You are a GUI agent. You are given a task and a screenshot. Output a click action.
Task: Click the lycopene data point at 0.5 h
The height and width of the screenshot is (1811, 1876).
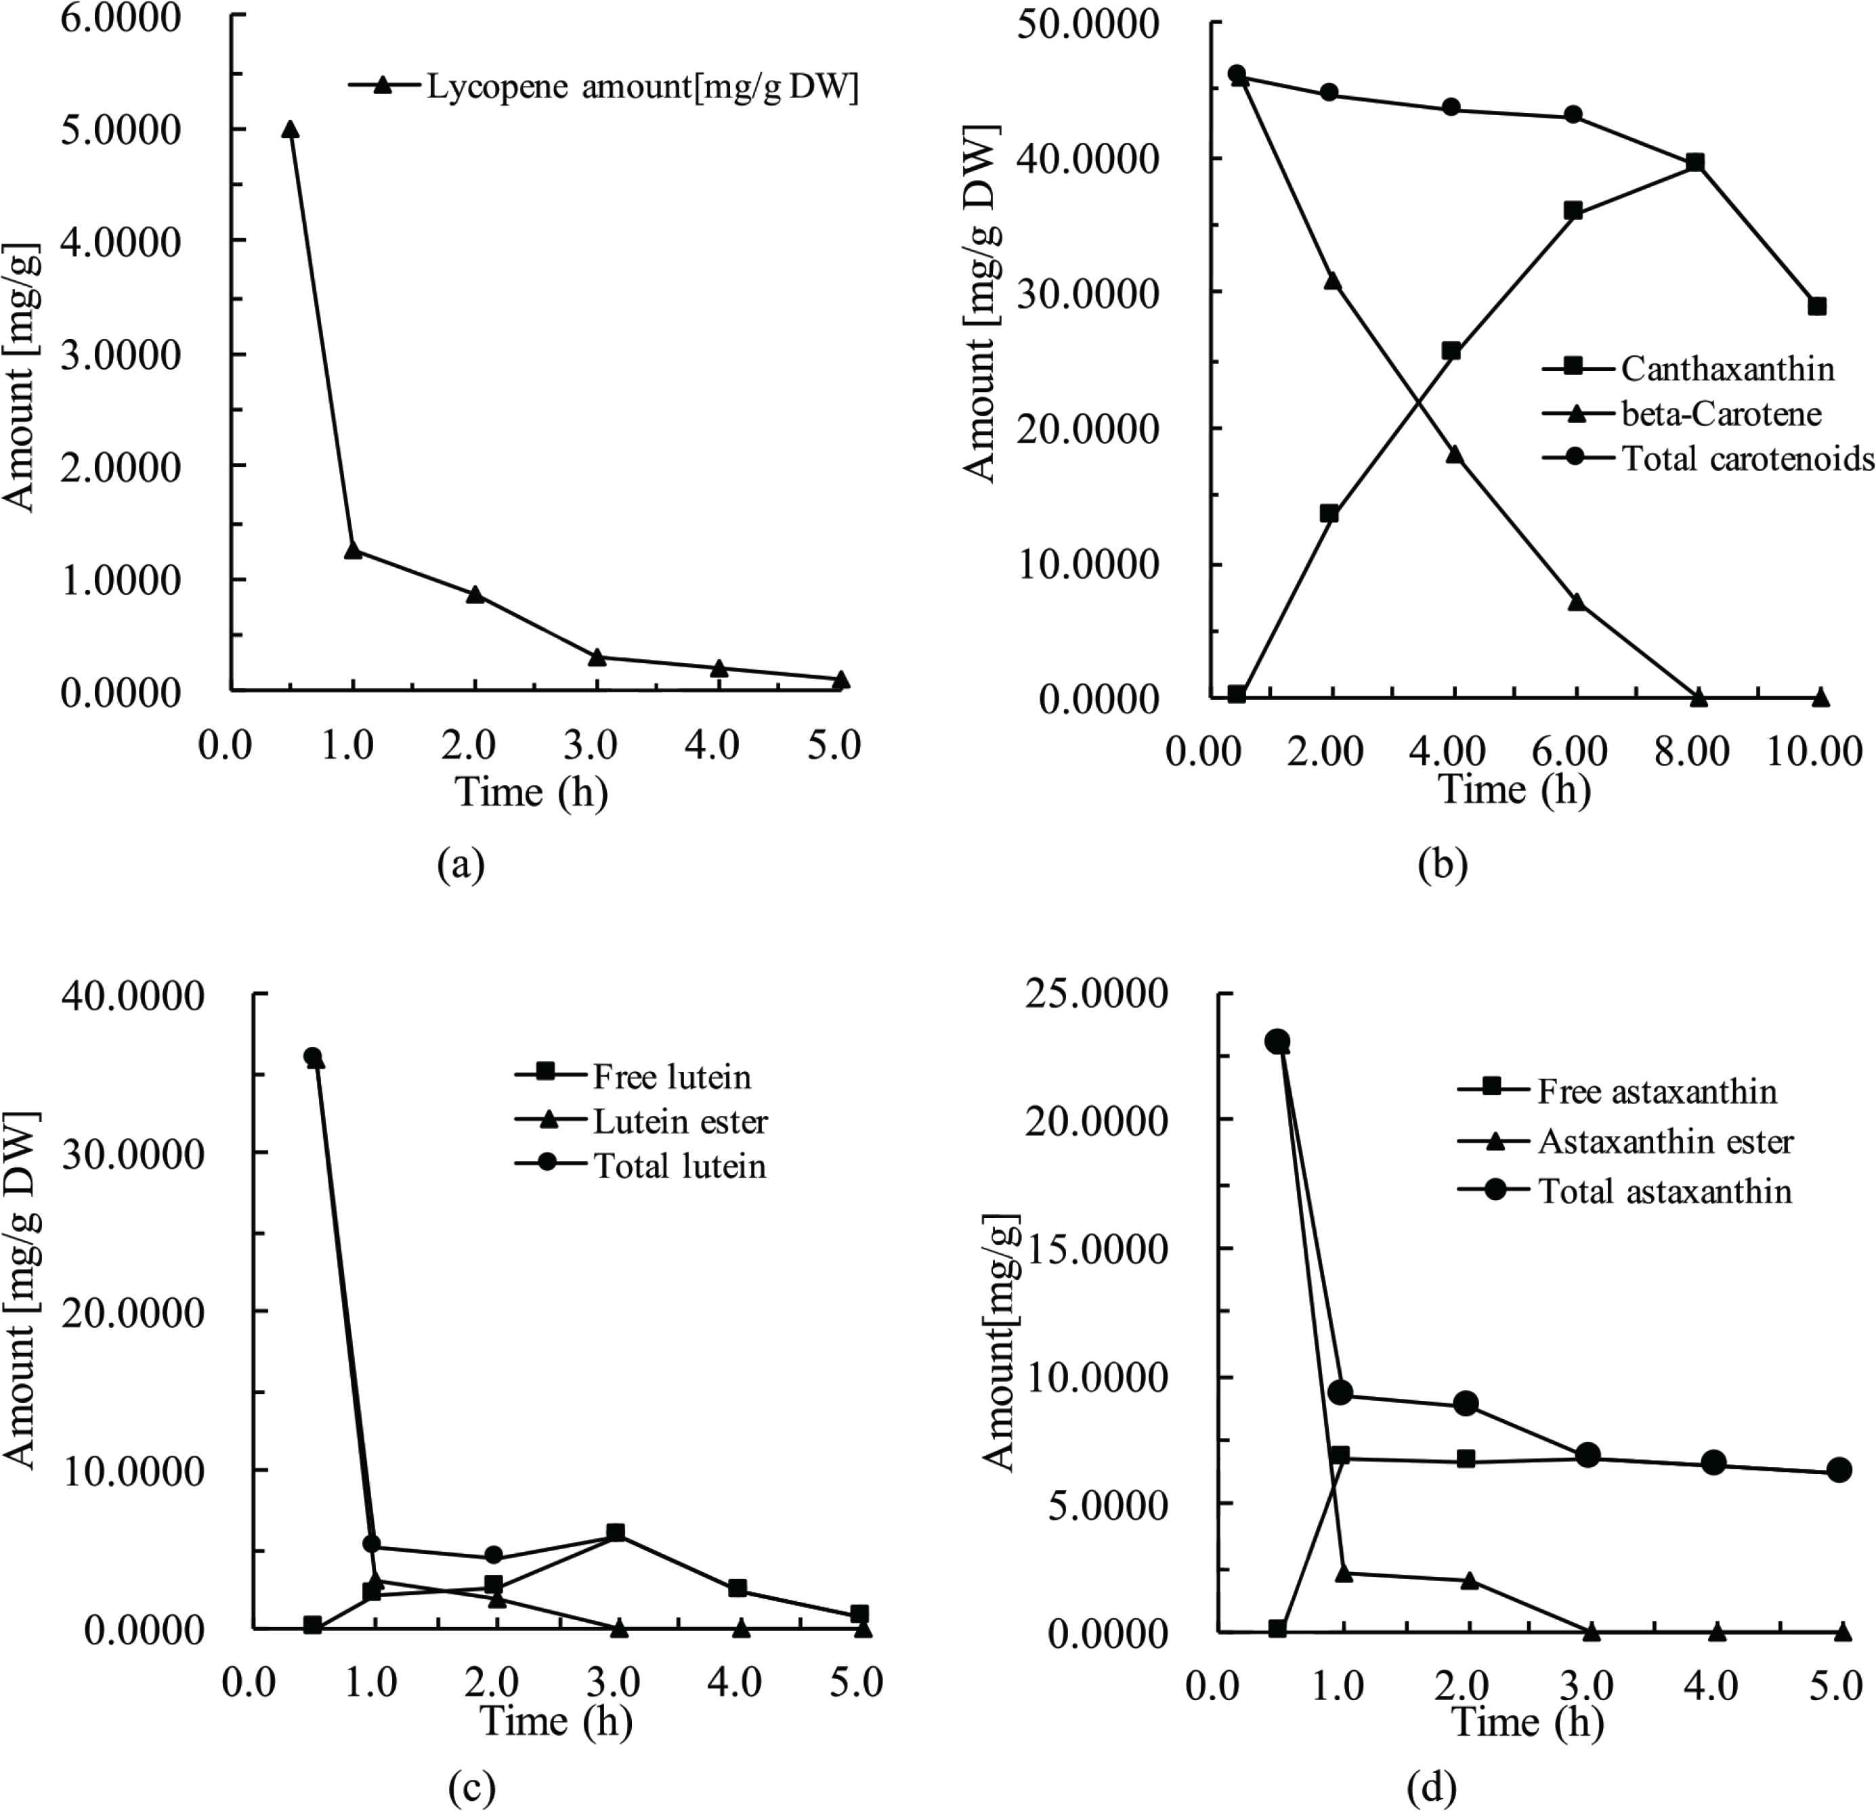click(x=290, y=129)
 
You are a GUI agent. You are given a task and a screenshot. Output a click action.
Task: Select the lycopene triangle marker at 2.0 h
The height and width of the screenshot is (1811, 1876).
click(x=475, y=594)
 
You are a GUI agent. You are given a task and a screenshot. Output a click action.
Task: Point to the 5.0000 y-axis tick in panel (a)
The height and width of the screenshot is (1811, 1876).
click(x=121, y=130)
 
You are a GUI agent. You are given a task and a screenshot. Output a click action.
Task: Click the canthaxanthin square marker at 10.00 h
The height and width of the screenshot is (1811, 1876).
click(x=1816, y=306)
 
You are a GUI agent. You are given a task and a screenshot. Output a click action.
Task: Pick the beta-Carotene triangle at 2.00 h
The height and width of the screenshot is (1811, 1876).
click(x=1331, y=282)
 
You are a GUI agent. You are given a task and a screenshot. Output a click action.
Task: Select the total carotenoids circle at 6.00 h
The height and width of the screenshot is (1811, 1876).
click(x=1573, y=115)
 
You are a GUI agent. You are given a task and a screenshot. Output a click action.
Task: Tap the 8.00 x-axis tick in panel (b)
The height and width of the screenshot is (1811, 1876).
click(x=1693, y=751)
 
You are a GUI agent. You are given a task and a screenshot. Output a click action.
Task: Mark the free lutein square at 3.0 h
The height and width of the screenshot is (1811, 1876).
click(x=616, y=1533)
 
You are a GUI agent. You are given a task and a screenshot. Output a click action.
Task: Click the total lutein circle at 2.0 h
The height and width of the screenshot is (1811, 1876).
click(x=494, y=1556)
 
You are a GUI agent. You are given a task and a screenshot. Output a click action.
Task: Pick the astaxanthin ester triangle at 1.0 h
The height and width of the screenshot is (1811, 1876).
click(x=1344, y=1573)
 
